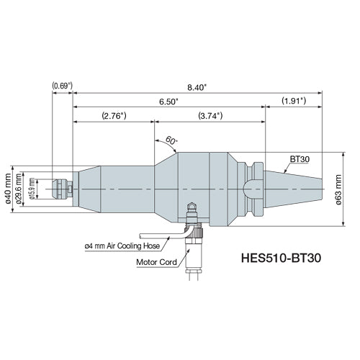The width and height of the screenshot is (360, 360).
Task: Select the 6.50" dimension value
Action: click(169, 102)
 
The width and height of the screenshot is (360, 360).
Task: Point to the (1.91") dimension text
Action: click(294, 102)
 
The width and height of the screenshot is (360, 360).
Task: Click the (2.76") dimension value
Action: click(113, 116)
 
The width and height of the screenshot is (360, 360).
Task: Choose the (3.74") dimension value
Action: click(210, 116)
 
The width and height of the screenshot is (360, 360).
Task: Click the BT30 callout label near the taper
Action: click(300, 157)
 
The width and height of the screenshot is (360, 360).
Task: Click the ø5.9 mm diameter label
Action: click(32, 189)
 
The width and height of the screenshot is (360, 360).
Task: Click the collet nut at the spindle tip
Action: click(62, 189)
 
